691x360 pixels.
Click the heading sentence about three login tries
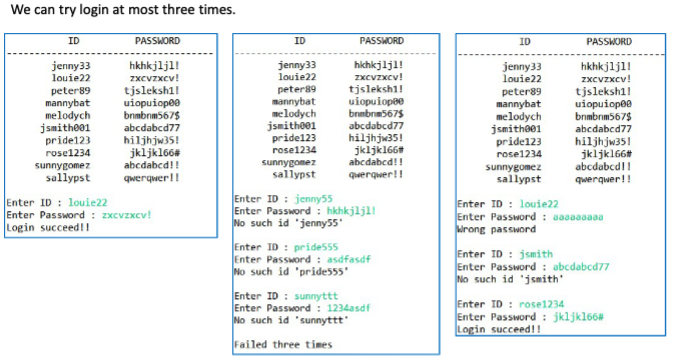point(120,10)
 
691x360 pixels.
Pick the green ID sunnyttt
point(317,296)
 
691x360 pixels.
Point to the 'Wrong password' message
point(498,229)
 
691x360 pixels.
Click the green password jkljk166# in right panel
point(579,316)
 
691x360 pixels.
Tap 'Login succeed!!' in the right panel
point(497,328)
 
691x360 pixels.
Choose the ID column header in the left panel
point(72,41)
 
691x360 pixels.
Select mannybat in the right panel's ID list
point(517,104)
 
